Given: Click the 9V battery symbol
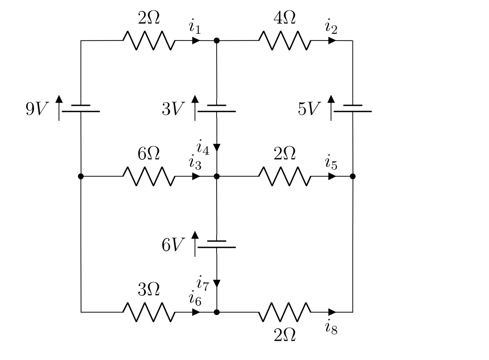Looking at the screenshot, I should tap(81, 108).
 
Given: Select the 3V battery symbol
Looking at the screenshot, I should tap(217, 108).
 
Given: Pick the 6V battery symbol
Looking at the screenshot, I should tap(217, 244).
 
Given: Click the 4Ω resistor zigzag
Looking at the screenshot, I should tap(285, 41).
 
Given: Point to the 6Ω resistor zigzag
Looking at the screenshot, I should tap(149, 176).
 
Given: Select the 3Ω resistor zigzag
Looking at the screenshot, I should tap(149, 312).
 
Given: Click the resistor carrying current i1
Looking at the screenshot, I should tap(149, 41).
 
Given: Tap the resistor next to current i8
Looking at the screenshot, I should tap(285, 312).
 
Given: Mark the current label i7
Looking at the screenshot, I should tap(203, 283).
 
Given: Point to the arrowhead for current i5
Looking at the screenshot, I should tap(332, 176).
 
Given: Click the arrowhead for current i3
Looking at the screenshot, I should tap(196, 176).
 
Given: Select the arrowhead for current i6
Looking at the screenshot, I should tap(196, 312).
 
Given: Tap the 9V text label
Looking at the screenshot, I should tap(36, 109).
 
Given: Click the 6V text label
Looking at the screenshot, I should tap(173, 245).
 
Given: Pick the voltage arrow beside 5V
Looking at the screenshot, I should tap(331, 108).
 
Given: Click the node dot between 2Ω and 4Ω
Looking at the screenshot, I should tap(217, 40).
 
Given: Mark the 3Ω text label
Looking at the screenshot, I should tap(149, 290).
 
